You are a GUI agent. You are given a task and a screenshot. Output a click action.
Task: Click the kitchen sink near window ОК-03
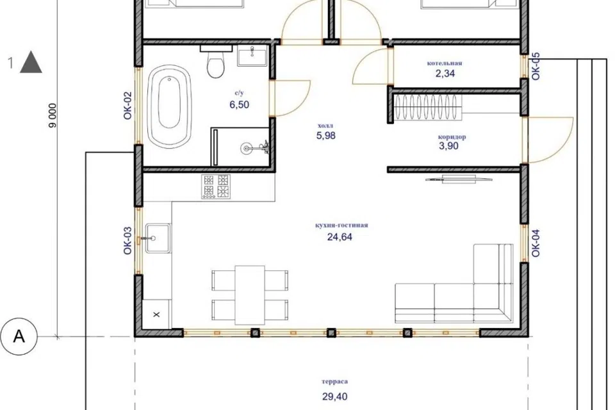pyautogui.click(x=158, y=238)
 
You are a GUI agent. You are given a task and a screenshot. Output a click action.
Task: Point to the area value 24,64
pyautogui.click(x=340, y=237)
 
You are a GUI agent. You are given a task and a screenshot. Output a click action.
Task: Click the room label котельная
pyautogui.click(x=445, y=63)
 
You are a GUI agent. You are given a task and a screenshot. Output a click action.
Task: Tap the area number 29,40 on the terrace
pyautogui.click(x=335, y=397)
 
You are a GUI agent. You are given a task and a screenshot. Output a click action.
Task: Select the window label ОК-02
pyautogui.click(x=128, y=106)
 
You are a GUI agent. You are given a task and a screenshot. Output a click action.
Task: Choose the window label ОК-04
pyautogui.click(x=536, y=243)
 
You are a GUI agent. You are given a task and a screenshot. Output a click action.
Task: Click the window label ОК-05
pyautogui.click(x=536, y=67)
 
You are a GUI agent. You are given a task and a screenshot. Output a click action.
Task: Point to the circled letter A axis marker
pyautogui.click(x=19, y=336)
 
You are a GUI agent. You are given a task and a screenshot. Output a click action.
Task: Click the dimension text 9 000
pyautogui.click(x=53, y=115)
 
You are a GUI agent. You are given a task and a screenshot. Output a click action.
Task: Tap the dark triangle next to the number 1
pyautogui.click(x=31, y=62)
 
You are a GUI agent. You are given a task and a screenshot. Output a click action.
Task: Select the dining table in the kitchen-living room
pyautogui.click(x=250, y=295)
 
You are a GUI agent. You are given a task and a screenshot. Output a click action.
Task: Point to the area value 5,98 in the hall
pyautogui.click(x=326, y=136)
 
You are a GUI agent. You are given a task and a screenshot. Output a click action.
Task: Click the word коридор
pyautogui.click(x=452, y=137)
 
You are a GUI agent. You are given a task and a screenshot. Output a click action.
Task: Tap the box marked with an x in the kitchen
pyautogui.click(x=156, y=315)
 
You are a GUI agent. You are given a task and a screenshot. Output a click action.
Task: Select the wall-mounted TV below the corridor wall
pyautogui.click(x=459, y=179)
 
